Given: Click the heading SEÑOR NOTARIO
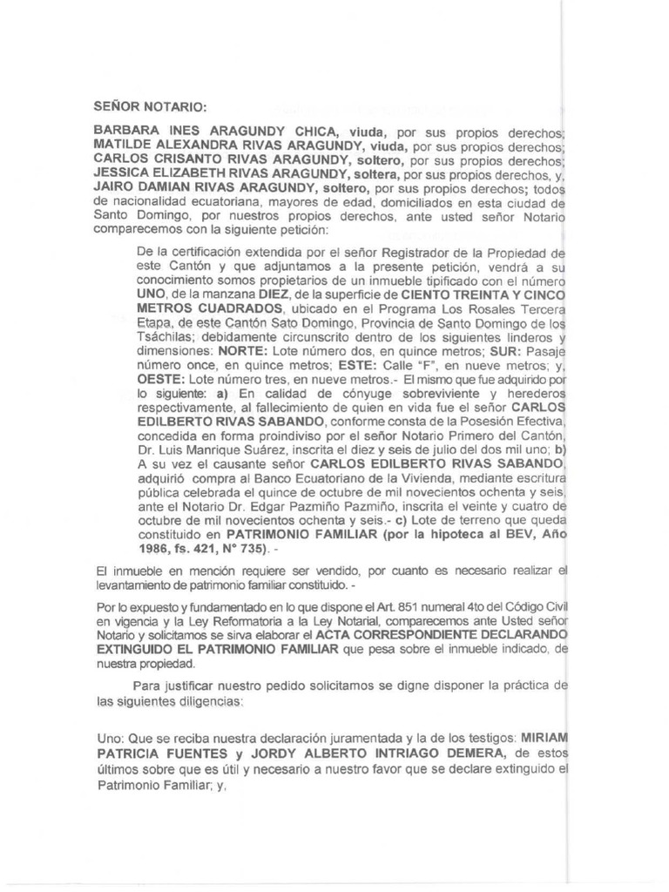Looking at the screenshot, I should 150,108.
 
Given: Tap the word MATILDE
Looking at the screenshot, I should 124,147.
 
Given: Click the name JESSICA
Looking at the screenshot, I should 123,174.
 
